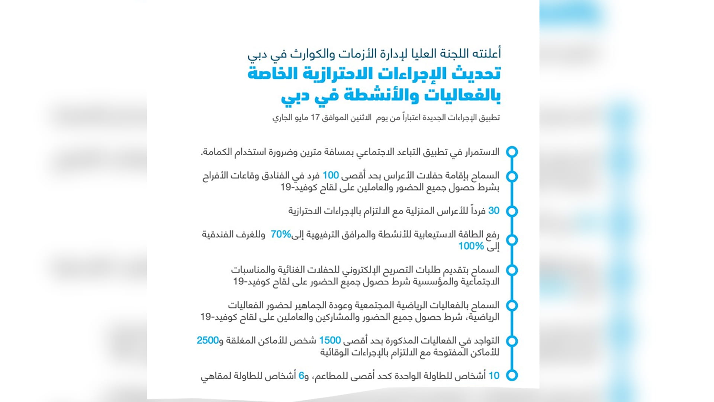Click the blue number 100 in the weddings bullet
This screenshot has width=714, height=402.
click(x=331, y=175)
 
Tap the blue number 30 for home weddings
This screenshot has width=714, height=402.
click(x=493, y=211)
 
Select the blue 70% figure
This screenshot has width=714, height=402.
click(x=281, y=234)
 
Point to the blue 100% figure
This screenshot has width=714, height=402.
click(x=471, y=246)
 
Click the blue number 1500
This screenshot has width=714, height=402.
click(x=330, y=340)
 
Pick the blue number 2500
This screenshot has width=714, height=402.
click(x=207, y=340)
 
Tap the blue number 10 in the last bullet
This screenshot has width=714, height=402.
click(x=494, y=376)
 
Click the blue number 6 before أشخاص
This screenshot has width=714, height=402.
click(x=301, y=376)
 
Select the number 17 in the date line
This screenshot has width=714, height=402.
click(x=315, y=118)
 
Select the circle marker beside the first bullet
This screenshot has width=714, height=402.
click(x=512, y=152)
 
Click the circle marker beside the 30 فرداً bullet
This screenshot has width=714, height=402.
click(x=512, y=211)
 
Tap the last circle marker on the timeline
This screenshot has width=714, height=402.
click(x=512, y=376)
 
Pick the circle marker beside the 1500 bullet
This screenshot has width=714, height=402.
click(x=512, y=341)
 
